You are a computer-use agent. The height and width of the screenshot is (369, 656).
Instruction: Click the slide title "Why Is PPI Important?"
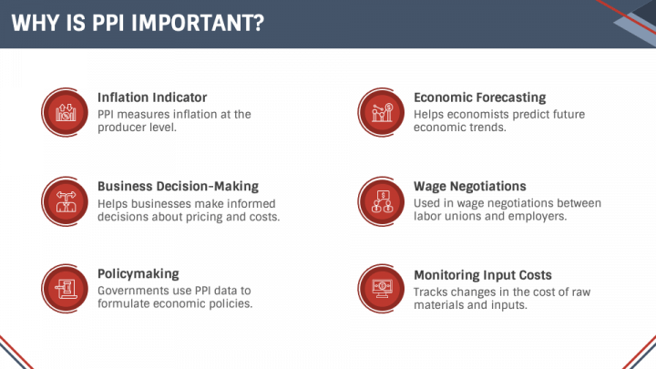[x=138, y=23]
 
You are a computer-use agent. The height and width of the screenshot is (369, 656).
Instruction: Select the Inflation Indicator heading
[x=152, y=97]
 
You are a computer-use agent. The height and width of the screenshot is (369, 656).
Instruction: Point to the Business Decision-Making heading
[x=178, y=187]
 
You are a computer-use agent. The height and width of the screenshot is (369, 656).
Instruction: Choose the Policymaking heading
[x=138, y=274]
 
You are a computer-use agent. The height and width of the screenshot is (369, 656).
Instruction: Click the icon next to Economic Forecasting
[x=381, y=112]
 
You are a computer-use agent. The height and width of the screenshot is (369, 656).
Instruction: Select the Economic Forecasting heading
[x=479, y=97]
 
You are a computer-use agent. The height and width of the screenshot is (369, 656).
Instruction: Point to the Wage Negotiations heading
[x=470, y=187]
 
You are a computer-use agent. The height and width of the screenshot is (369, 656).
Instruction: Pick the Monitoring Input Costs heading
[x=483, y=274]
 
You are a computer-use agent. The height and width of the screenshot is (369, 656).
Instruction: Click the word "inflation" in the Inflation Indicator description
[x=194, y=115]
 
